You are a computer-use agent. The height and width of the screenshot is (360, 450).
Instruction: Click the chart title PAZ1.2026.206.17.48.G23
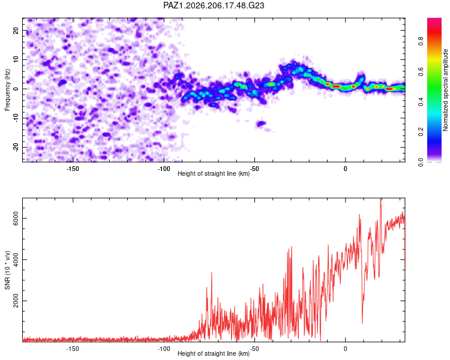click(x=214, y=5)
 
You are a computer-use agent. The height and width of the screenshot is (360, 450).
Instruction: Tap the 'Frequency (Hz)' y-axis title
click(x=7, y=90)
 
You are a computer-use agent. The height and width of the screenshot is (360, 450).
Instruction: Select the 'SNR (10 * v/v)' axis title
click(x=7, y=270)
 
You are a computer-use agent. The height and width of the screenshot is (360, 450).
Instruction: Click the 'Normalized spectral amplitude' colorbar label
click(x=445, y=90)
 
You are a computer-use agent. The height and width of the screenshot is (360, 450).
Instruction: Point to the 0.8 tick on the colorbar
click(x=421, y=41)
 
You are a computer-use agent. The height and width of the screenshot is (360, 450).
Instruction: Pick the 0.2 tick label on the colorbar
click(x=421, y=132)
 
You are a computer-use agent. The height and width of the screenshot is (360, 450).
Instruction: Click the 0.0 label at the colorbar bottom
click(x=421, y=162)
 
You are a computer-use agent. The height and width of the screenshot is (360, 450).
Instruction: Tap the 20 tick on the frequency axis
click(x=16, y=30)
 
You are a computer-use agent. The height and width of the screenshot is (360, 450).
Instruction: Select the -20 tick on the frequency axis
click(x=16, y=148)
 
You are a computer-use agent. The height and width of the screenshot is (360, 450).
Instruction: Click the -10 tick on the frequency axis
click(x=16, y=118)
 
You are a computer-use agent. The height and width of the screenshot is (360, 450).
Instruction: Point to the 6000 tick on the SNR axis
click(x=16, y=218)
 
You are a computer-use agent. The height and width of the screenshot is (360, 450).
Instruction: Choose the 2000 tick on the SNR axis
click(x=16, y=301)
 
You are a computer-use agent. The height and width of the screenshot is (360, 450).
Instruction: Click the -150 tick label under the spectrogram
click(x=73, y=169)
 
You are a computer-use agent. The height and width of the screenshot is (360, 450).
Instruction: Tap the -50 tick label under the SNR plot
click(x=254, y=349)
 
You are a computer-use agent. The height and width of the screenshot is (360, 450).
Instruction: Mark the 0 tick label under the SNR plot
click(x=345, y=349)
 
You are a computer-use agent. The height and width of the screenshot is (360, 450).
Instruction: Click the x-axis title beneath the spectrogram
click(x=214, y=173)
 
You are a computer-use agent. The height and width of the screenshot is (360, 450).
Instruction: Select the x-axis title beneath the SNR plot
click(x=214, y=353)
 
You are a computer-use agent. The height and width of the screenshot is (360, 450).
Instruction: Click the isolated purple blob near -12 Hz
click(x=261, y=124)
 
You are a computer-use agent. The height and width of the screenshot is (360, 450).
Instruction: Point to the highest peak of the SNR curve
click(x=380, y=199)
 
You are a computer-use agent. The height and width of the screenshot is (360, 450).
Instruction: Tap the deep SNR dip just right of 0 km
click(x=362, y=323)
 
